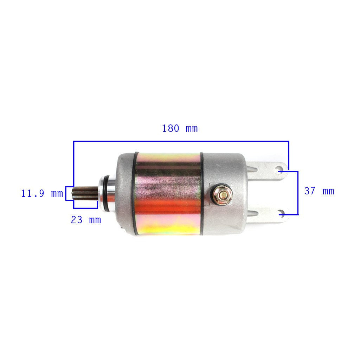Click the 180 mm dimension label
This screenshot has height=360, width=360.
180,128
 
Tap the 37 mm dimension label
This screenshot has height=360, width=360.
319,191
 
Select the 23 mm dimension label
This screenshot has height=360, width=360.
86,220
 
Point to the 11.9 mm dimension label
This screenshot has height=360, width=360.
42,194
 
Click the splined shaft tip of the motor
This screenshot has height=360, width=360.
85,193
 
